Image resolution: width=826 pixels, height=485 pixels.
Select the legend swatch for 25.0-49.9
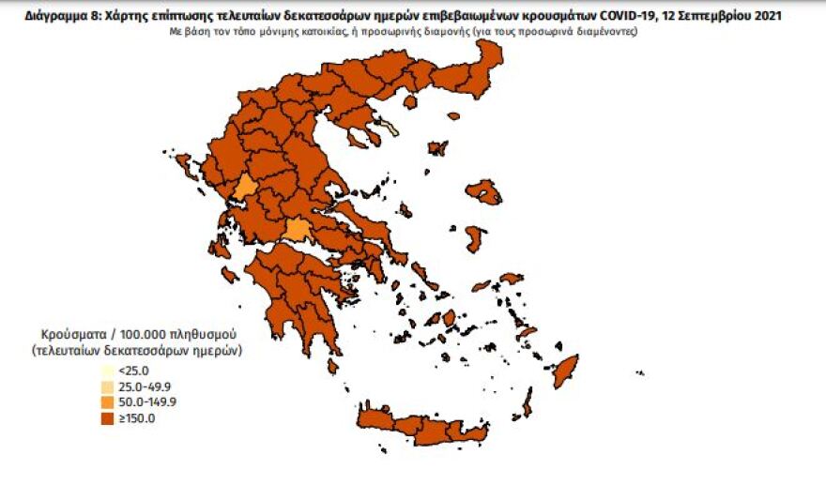(x=109, y=386)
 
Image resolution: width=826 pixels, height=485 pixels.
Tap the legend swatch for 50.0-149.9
(x=109, y=402)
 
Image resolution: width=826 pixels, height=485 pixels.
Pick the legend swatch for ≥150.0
(x=109, y=418)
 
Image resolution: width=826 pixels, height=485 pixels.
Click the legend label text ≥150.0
(x=137, y=418)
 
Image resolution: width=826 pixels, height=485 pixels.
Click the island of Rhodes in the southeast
(x=564, y=370)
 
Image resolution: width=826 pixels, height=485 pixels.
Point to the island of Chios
(x=475, y=238)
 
